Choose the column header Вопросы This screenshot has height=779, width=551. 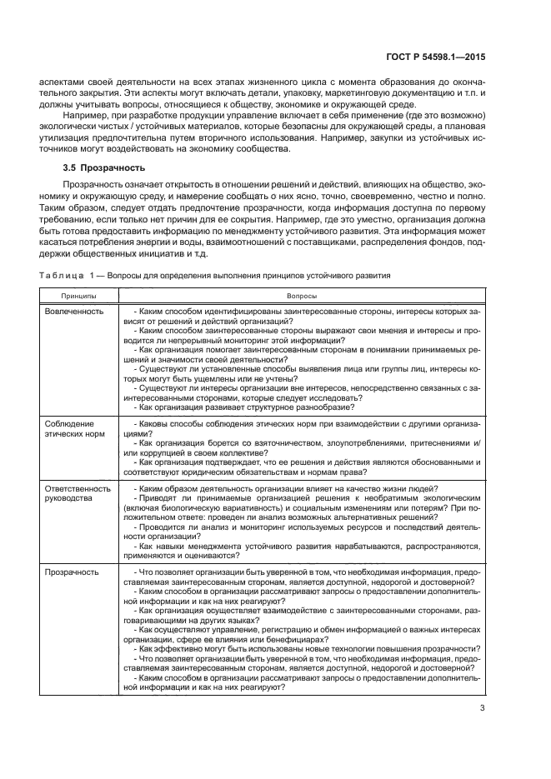301,294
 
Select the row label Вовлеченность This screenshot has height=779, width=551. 75,311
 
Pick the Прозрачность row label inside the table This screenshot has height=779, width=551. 72,572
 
